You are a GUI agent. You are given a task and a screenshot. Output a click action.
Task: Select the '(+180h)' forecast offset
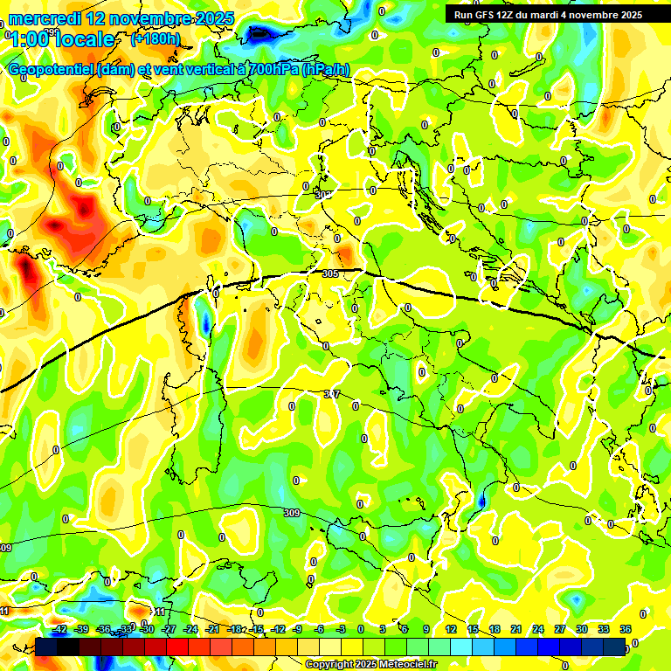pyautogui.click(x=155, y=39)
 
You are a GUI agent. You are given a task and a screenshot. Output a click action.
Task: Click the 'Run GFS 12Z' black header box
pyautogui.click(x=547, y=14)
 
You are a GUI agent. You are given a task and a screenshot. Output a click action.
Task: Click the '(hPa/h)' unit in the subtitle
pyautogui.click(x=326, y=70)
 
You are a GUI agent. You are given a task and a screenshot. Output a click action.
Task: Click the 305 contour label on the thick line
pyautogui.click(x=330, y=273)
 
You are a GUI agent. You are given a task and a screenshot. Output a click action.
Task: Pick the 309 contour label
pyautogui.click(x=292, y=512)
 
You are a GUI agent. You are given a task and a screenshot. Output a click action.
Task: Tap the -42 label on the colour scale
pyautogui.click(x=59, y=629)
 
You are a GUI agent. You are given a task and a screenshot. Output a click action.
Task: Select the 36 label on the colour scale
pyautogui.click(x=626, y=629)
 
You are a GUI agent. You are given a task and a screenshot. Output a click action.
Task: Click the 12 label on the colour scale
pyautogui.click(x=451, y=629)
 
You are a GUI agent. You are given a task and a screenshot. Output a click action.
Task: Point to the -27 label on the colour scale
pyautogui.click(x=169, y=629)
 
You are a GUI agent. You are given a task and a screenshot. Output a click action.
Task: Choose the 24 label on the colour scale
pyautogui.click(x=538, y=629)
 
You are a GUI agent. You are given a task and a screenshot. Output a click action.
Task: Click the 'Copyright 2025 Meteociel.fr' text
pyautogui.click(x=370, y=664)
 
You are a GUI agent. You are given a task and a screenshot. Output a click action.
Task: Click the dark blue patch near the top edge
pyautogui.click(x=259, y=33)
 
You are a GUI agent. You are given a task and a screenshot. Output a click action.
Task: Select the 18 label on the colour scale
pyautogui.click(x=495, y=629)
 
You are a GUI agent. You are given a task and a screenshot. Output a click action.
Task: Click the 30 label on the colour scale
pyautogui.click(x=582, y=629)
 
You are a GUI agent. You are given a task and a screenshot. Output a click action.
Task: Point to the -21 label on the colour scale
pyautogui.click(x=212, y=629)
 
